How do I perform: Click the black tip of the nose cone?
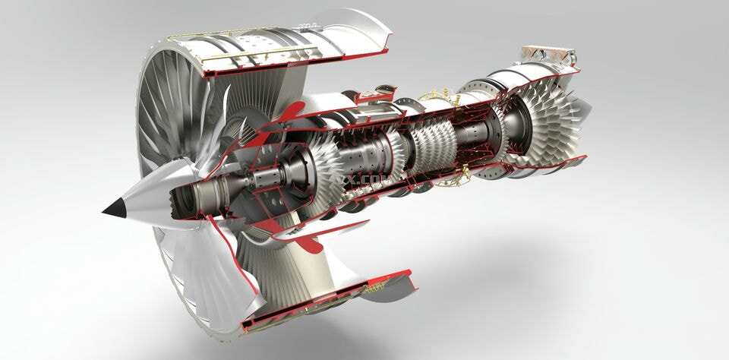pos(114,209)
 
